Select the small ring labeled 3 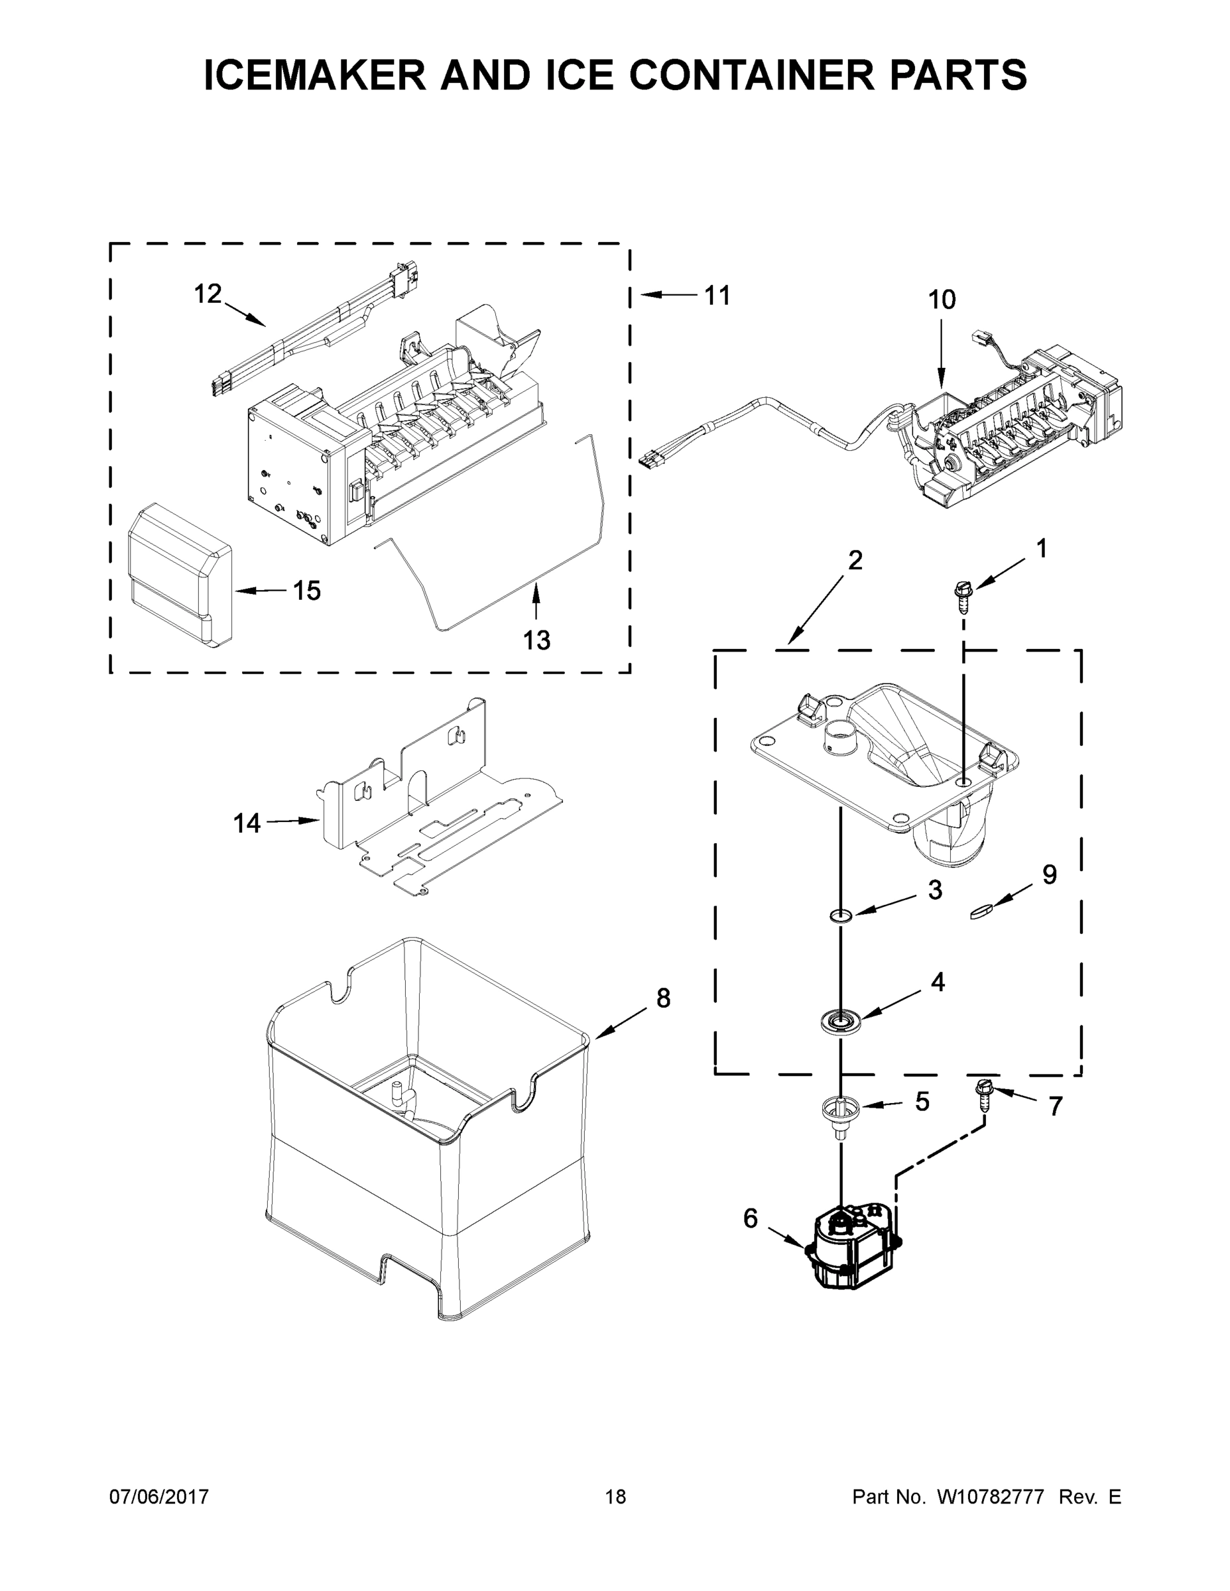click(841, 915)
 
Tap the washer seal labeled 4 click(840, 1020)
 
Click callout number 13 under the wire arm click(536, 640)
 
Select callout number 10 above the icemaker click(942, 300)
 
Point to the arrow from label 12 click(244, 314)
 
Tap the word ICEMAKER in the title click(315, 75)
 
